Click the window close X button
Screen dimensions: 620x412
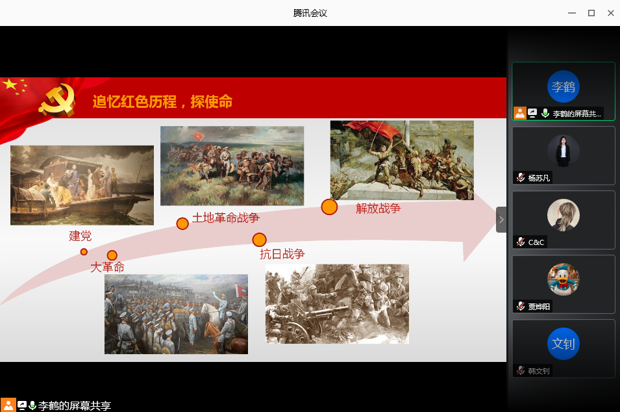610,13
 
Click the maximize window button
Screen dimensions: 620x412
591,13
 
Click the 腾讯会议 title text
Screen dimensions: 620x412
310,13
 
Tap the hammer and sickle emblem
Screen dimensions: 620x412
57,101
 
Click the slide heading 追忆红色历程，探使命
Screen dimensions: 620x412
162,102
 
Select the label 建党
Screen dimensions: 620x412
81,236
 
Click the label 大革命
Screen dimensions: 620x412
108,267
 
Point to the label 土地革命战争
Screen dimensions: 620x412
226,218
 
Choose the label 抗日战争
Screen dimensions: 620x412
282,254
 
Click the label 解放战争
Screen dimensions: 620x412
378,208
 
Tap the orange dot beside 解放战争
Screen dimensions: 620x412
329,207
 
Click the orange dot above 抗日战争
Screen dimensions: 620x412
260,239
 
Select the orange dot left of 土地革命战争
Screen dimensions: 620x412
182,224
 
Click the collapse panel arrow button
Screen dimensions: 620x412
501,220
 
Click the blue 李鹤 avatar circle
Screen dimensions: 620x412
564,86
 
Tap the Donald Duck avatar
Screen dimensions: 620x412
564,279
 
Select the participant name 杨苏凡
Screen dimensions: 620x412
539,178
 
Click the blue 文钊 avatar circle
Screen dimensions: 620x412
564,344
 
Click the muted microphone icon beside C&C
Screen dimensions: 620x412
521,242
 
